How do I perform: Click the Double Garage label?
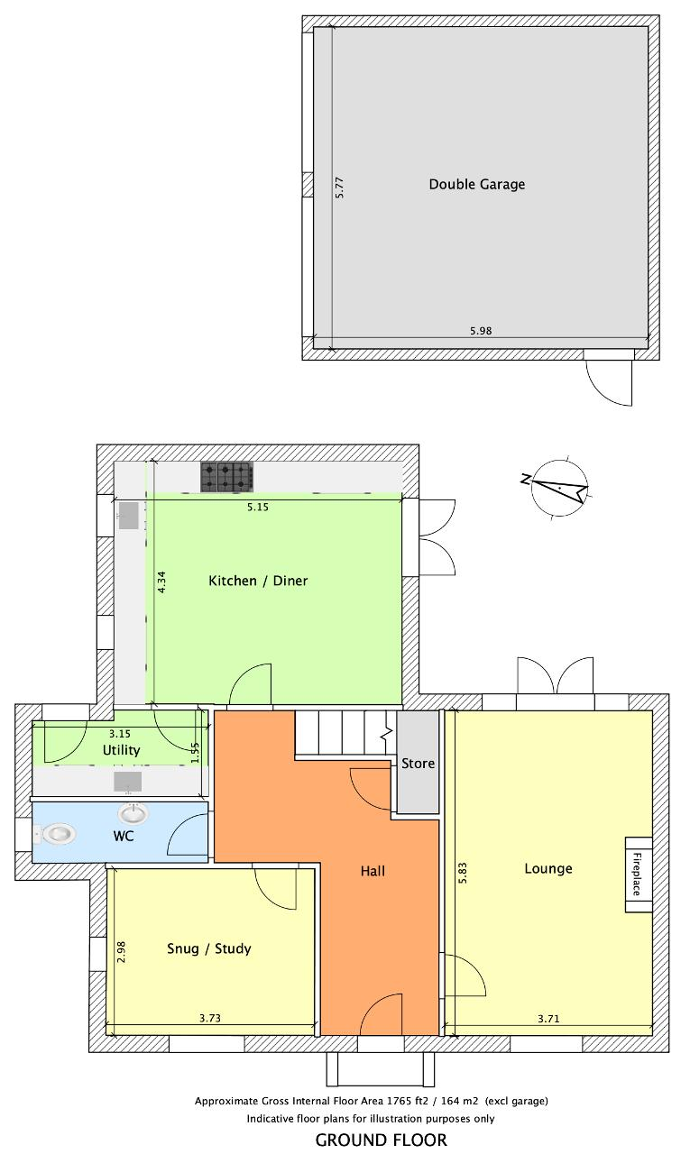coord(476,185)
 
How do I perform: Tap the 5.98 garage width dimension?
coord(480,331)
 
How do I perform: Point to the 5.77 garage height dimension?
coord(338,188)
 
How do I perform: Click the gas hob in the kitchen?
coord(226,477)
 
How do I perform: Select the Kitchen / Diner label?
coord(258,581)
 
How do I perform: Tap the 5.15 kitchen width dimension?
coord(258,507)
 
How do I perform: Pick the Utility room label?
coord(121,750)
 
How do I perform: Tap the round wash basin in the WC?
coord(133,813)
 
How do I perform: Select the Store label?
coord(418,764)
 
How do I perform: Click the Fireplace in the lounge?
coord(639,875)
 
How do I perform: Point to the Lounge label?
coord(548,868)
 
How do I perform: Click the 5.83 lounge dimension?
coord(462,874)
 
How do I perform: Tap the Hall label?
coord(373,871)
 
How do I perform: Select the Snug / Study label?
coord(208,948)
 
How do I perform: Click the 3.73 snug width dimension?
coord(210,1018)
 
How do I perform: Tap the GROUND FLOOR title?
coord(382,1140)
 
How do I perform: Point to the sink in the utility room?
coord(128,782)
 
